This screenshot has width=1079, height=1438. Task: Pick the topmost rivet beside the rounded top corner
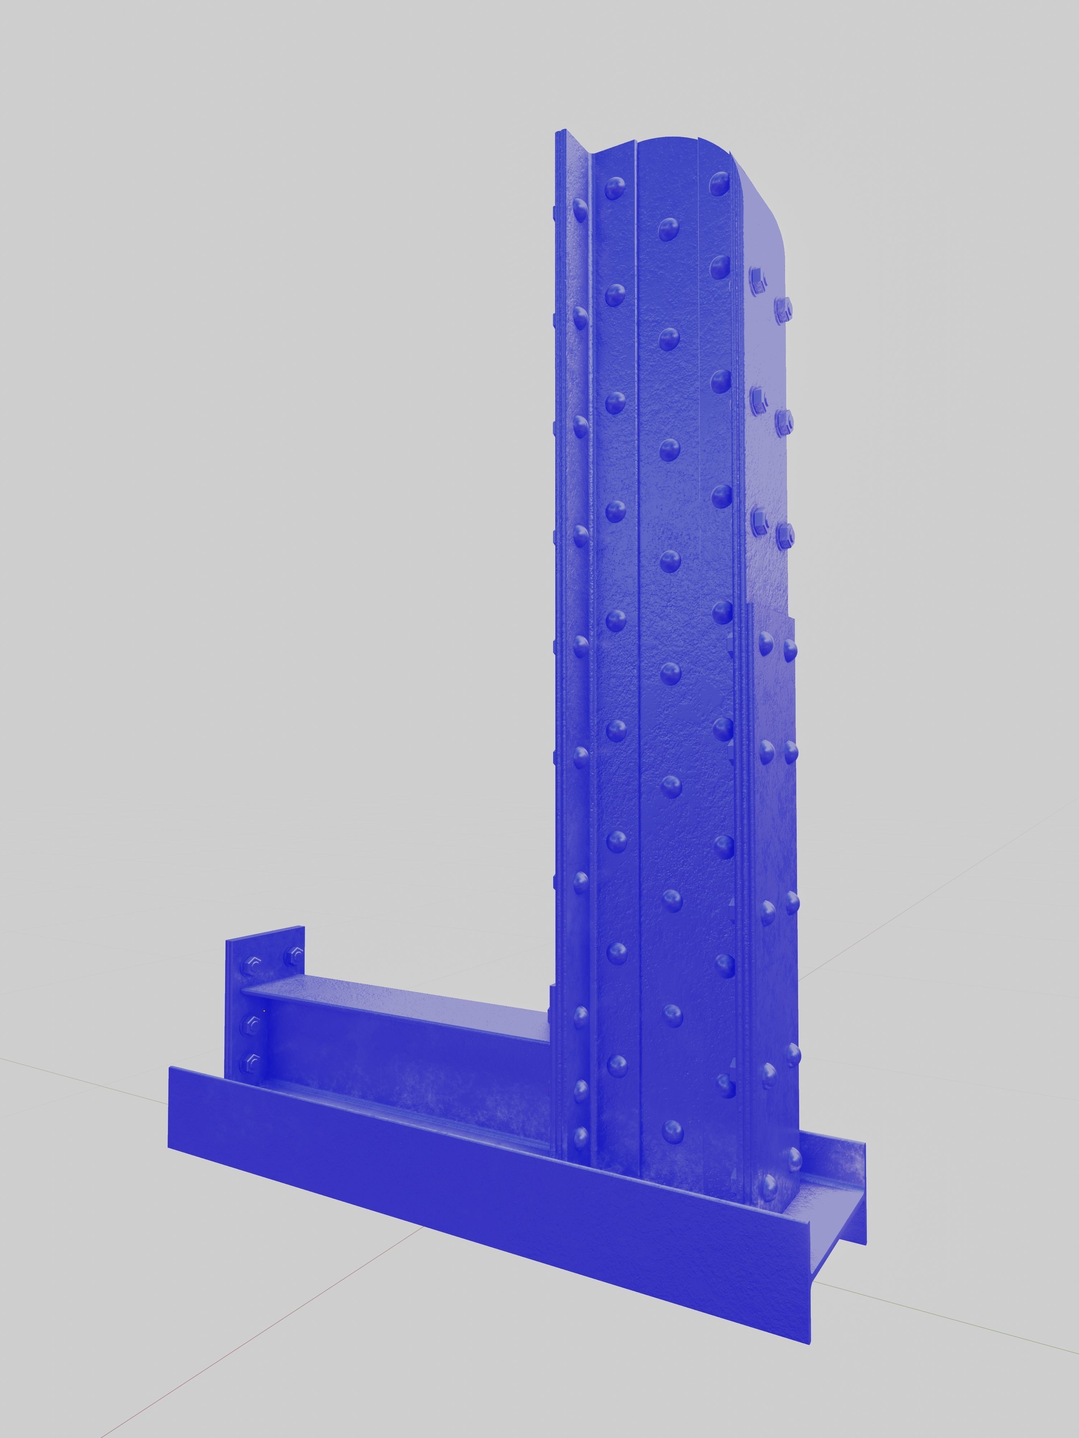coord(719,183)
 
